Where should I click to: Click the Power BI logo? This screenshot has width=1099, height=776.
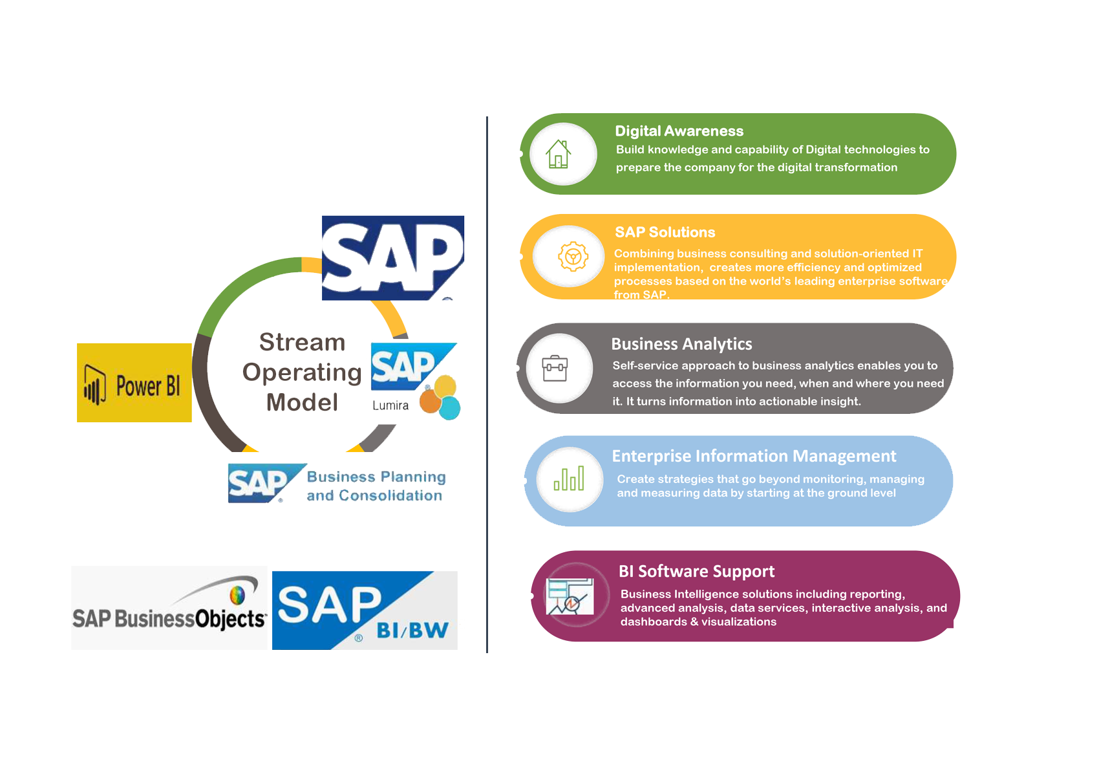[134, 382]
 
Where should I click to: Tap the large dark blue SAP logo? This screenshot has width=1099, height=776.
[393, 257]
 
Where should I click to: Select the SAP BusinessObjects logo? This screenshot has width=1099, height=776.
[169, 608]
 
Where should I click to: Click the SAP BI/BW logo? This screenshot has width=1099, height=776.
[365, 610]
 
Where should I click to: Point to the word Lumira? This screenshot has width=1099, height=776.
[390, 405]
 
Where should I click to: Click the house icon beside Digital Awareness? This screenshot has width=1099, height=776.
[559, 154]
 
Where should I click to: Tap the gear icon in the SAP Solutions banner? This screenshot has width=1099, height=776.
[573, 256]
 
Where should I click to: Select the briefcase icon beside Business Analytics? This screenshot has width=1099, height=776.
[555, 368]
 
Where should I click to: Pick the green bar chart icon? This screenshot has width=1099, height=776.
[569, 478]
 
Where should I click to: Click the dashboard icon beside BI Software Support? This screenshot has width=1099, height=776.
[570, 596]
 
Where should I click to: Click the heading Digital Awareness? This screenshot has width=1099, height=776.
[679, 131]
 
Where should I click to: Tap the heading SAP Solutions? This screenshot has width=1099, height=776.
[665, 232]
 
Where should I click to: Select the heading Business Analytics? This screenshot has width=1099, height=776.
[681, 344]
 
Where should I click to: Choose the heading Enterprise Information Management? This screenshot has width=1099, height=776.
[754, 456]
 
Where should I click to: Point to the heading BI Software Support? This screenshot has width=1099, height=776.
[696, 571]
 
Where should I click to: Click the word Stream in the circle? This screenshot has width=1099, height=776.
[303, 342]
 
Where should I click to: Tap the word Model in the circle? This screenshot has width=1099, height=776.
[303, 402]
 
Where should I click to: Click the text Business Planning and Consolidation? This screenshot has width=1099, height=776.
[376, 486]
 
